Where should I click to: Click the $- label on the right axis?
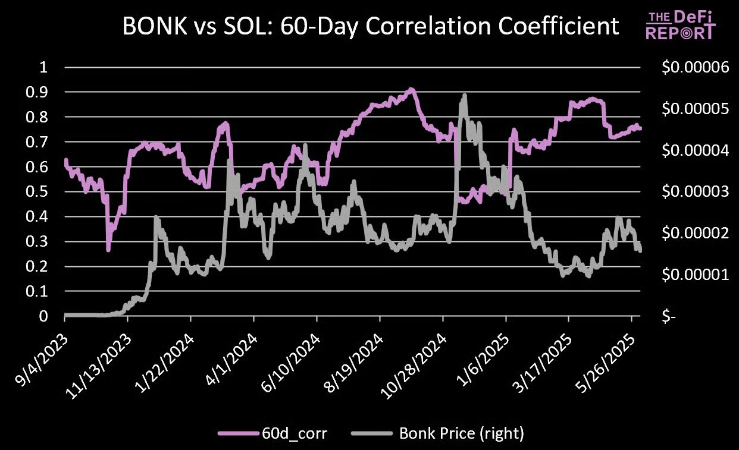(670, 317)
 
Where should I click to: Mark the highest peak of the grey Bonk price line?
(464, 95)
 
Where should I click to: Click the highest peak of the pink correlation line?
(411, 89)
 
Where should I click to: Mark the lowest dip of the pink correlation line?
(108, 250)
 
